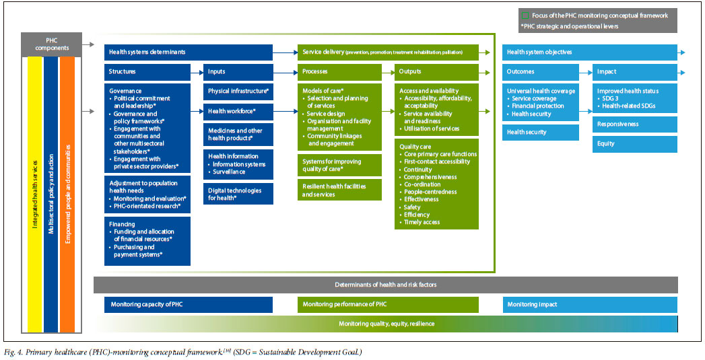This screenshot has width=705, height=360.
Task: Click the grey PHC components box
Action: [51, 44]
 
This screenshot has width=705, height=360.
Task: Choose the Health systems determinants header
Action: [189, 52]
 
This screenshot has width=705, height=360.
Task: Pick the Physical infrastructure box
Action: [238, 91]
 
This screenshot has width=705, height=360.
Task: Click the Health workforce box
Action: [238, 111]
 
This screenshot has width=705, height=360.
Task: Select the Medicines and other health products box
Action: [238, 135]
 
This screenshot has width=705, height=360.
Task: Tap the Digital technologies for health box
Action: [238, 193]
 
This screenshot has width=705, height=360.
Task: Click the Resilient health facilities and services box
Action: [339, 190]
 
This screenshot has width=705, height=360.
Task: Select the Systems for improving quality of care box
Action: [339, 165]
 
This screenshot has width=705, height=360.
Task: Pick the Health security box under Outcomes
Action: [540, 133]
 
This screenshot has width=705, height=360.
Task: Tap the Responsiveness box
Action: [636, 124]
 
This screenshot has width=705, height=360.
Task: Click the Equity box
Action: [636, 143]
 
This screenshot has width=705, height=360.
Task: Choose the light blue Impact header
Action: [636, 72]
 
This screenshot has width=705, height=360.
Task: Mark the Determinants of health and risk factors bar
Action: [385, 285]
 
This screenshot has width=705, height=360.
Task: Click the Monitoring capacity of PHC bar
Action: [189, 305]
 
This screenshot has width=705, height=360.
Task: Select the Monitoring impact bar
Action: [590, 305]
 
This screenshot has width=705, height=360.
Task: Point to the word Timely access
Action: [422, 222]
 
